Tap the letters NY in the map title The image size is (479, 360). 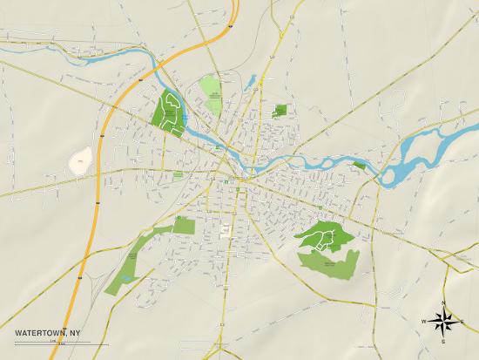click(77, 332)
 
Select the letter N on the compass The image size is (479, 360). click(444, 302)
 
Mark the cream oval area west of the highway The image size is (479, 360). click(80, 160)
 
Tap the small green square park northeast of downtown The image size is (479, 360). click(280, 111)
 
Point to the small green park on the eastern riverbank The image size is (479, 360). click(360, 164)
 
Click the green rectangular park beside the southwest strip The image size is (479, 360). click(183, 225)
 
